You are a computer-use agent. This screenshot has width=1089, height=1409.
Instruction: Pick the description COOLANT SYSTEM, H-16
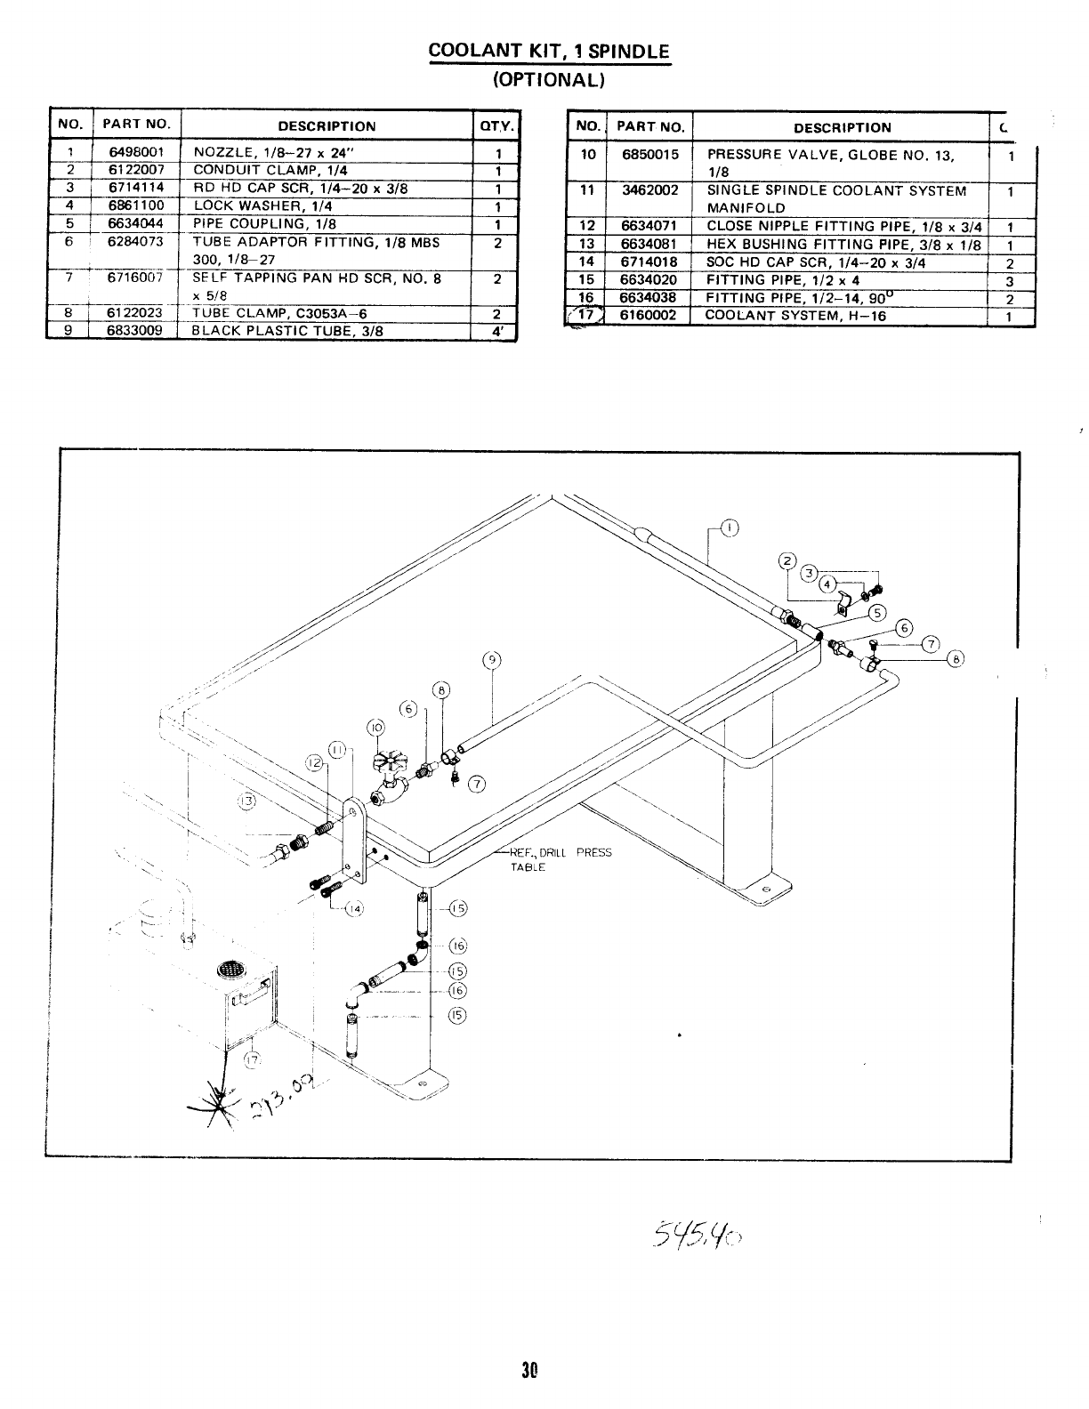click(795, 316)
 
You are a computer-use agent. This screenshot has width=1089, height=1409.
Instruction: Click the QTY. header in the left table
click(497, 126)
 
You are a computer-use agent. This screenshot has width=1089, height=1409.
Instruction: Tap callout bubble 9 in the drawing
click(490, 660)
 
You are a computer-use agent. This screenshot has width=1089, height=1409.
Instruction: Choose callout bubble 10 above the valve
click(375, 726)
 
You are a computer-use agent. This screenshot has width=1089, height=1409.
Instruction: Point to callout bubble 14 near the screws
click(354, 908)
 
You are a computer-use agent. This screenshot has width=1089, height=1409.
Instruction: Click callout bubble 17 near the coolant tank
click(253, 1058)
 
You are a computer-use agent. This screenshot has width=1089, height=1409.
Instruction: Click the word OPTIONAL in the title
click(549, 79)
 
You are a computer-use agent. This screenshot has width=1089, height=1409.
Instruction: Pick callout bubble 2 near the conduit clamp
click(786, 560)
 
